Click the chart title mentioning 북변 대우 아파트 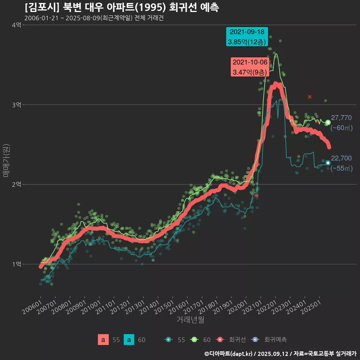[122, 7]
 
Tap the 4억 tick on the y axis [16, 25]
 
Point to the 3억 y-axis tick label [16, 105]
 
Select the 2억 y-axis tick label [16, 184]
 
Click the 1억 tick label [16, 264]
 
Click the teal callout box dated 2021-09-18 [247, 37]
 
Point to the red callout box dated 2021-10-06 [250, 67]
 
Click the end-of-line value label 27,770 [341, 118]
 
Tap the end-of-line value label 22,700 [341, 158]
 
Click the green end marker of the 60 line [328, 123]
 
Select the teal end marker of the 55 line [328, 163]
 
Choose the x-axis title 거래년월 [190, 320]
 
